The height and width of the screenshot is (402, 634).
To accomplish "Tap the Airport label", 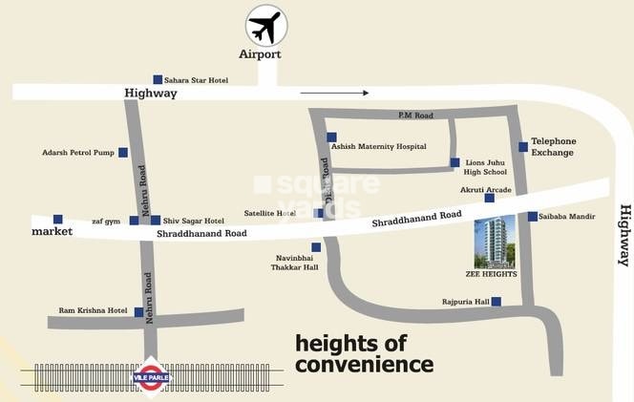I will pyautogui.click(x=260, y=54).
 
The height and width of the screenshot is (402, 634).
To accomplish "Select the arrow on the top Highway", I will pyautogui.click(x=334, y=94).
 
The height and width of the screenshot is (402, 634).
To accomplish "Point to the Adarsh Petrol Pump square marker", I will pyautogui.click(x=122, y=152).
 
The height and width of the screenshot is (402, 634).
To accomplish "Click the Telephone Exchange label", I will pyautogui.click(x=553, y=146).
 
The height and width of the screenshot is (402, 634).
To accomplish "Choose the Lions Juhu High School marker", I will pyautogui.click(x=454, y=162).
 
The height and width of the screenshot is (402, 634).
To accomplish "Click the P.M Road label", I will pyautogui.click(x=415, y=116).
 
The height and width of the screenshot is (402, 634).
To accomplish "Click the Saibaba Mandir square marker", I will pyautogui.click(x=532, y=216).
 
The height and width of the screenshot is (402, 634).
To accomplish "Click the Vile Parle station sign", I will pyautogui.click(x=150, y=374).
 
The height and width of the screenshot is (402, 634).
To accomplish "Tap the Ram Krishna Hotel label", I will pyautogui.click(x=93, y=310).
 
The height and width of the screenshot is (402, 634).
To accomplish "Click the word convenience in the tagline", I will pyautogui.click(x=364, y=364).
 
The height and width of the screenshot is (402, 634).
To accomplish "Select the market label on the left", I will pyautogui.click(x=53, y=232).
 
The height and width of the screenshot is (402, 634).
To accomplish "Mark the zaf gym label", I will pyautogui.click(x=106, y=221).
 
